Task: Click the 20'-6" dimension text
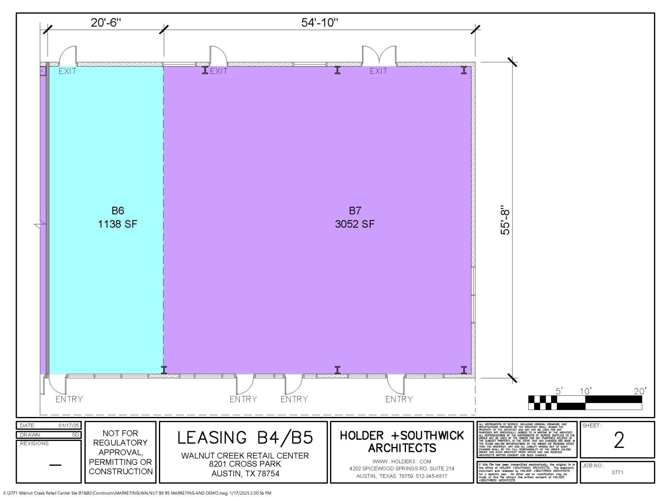coord(106,22)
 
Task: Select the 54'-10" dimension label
coord(319,22)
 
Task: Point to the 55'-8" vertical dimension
coord(505,222)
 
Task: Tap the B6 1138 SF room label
coord(117,217)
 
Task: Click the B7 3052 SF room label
coord(354,217)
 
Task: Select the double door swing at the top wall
coord(379,55)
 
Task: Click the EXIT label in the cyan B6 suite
coord(67,71)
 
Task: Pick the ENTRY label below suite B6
coord(69,399)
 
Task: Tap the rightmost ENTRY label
coord(399,399)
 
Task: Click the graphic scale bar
coord(585,402)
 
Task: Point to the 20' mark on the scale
coord(639,391)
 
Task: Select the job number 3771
coord(617,472)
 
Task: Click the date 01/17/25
coord(69,425)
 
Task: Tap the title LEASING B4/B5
coord(245,438)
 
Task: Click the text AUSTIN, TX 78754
coord(245,474)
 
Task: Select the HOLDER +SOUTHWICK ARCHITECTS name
coord(402,442)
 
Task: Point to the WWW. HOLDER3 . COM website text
coord(402,461)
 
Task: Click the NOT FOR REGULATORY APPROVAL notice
coord(121,452)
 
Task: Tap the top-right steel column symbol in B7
coord(464,70)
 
